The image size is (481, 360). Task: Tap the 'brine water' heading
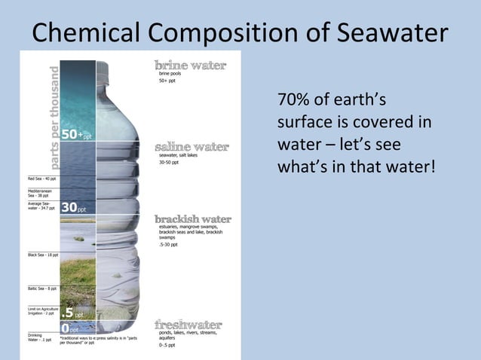coord(190,66)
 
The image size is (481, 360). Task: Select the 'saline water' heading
coord(191,146)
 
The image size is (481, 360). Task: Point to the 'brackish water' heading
coord(193,219)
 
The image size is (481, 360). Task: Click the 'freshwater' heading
coord(188,325)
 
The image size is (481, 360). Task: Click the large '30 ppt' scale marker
coord(73,208)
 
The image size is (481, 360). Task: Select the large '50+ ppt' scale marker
coord(75,136)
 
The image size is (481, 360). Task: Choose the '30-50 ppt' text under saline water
coord(168,162)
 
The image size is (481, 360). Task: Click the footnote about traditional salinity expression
coord(98,343)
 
